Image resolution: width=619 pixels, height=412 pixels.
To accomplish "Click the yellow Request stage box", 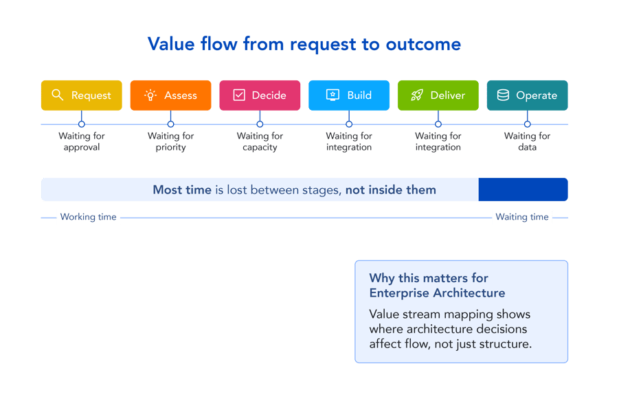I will coord(81,95).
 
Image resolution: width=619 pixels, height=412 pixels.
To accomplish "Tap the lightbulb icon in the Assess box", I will coord(150,95).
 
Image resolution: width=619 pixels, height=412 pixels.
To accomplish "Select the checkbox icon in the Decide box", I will coord(239,95).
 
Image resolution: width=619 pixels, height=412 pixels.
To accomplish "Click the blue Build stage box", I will coord(349,95).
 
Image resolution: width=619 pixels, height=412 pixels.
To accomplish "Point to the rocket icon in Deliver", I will coord(417,95).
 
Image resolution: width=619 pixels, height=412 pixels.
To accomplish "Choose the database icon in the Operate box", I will coord(503,95).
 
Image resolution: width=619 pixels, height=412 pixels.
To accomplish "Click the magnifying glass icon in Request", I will coord(58,95).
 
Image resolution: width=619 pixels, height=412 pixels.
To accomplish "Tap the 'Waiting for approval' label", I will coord(81,141).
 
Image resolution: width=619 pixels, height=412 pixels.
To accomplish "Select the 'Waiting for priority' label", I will coord(170,141).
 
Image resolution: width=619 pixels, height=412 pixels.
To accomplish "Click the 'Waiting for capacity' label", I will coord(260,141).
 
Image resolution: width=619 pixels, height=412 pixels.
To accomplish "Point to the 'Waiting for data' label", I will coord(527,141).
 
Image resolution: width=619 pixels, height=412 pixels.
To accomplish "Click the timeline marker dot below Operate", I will coord(528,124).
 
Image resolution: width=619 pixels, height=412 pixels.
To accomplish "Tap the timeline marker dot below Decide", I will coord(260,124).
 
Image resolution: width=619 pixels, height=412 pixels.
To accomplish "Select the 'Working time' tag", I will coord(88,217).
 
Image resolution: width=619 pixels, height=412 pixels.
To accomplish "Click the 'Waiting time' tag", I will coord(522,217).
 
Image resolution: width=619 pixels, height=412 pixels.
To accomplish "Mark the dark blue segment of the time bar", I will coord(523,190).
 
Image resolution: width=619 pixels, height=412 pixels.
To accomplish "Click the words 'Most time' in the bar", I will coord(182,190).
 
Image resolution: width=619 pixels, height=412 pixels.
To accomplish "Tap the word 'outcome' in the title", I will coord(423,45).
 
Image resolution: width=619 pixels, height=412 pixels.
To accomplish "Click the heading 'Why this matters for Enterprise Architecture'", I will coord(437,286).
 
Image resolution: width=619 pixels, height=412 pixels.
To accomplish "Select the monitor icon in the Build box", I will coord(333,95).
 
